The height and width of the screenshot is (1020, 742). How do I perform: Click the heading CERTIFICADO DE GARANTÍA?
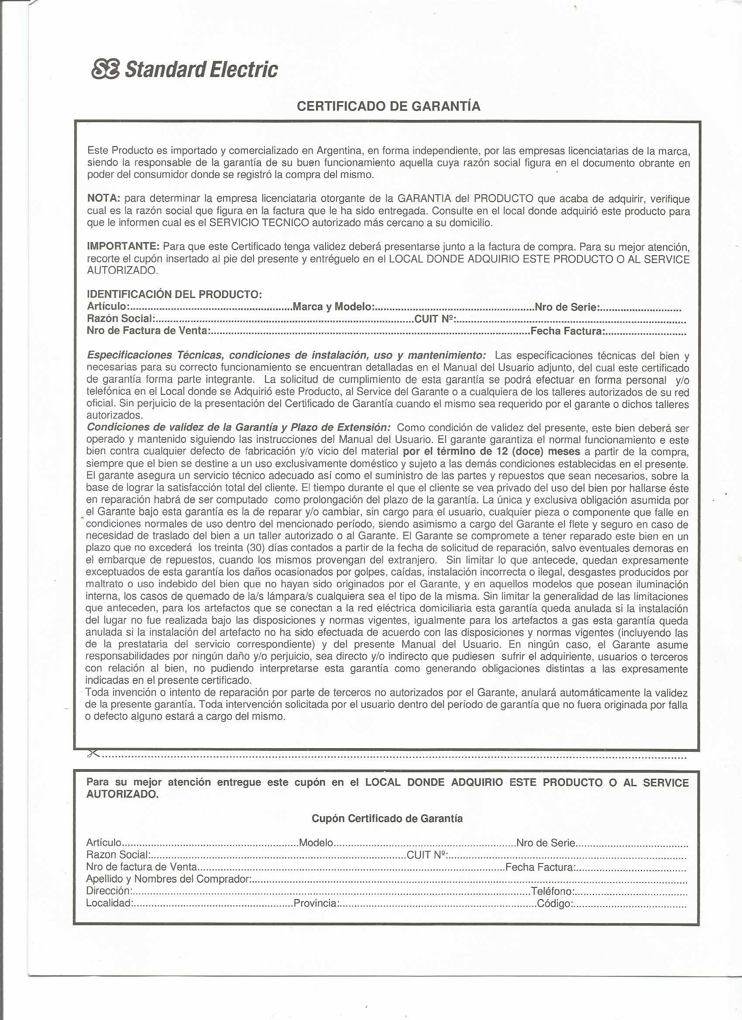tap(388, 106)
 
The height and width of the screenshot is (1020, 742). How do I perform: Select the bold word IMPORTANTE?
tap(123, 246)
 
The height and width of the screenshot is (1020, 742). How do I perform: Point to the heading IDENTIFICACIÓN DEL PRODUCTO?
tap(174, 294)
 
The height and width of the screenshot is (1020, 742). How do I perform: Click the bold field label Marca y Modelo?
tap(333, 307)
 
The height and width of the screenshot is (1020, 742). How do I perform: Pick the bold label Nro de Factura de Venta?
tap(148, 331)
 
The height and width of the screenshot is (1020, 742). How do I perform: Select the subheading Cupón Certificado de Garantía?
tap(387, 818)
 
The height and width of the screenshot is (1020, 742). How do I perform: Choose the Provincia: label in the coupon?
tap(316, 903)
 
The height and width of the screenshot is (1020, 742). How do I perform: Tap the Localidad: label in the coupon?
tap(109, 903)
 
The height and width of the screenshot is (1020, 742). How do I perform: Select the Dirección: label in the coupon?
tap(108, 891)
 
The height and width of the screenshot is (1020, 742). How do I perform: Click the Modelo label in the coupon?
tap(316, 842)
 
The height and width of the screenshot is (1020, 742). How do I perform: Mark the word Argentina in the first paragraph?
tap(340, 151)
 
